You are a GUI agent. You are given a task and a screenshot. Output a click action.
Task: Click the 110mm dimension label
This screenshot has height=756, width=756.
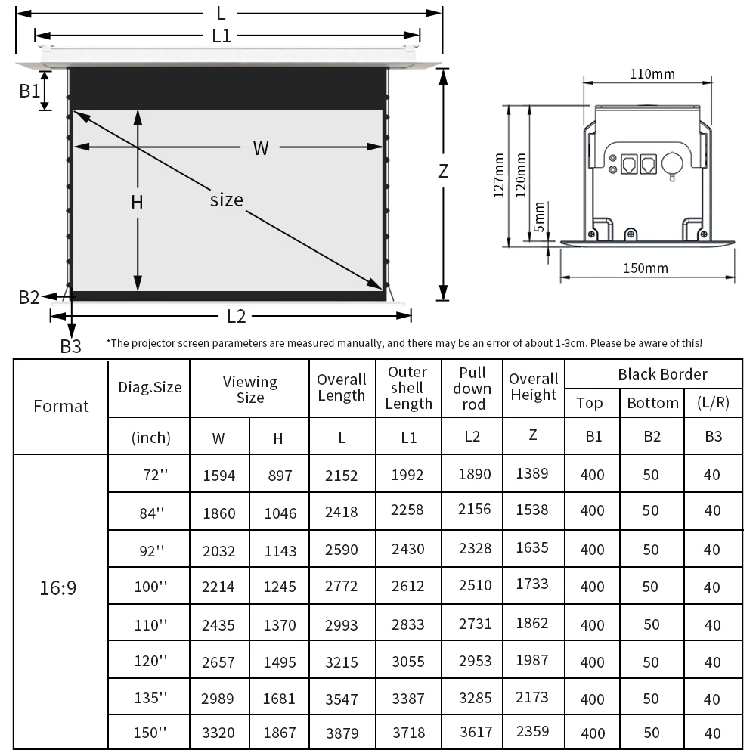click(x=652, y=74)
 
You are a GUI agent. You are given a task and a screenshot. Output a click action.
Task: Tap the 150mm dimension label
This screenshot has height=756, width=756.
click(x=646, y=268)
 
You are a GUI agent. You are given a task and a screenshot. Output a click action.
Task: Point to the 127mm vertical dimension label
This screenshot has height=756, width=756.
click(x=499, y=175)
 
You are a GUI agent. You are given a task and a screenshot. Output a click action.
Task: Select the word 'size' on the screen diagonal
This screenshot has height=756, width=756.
click(x=227, y=200)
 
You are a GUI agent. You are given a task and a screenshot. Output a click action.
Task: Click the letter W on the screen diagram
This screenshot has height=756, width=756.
click(x=261, y=148)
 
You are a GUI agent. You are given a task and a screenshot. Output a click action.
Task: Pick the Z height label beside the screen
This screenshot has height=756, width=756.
click(x=444, y=171)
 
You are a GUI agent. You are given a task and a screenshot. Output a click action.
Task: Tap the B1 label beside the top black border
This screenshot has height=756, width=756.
click(x=29, y=91)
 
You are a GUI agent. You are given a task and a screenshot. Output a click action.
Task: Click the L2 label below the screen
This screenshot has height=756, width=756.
click(x=236, y=316)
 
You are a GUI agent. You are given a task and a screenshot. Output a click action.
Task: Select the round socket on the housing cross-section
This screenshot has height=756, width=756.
click(x=671, y=163)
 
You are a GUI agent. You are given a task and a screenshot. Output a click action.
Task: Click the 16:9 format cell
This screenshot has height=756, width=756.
click(x=58, y=587)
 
